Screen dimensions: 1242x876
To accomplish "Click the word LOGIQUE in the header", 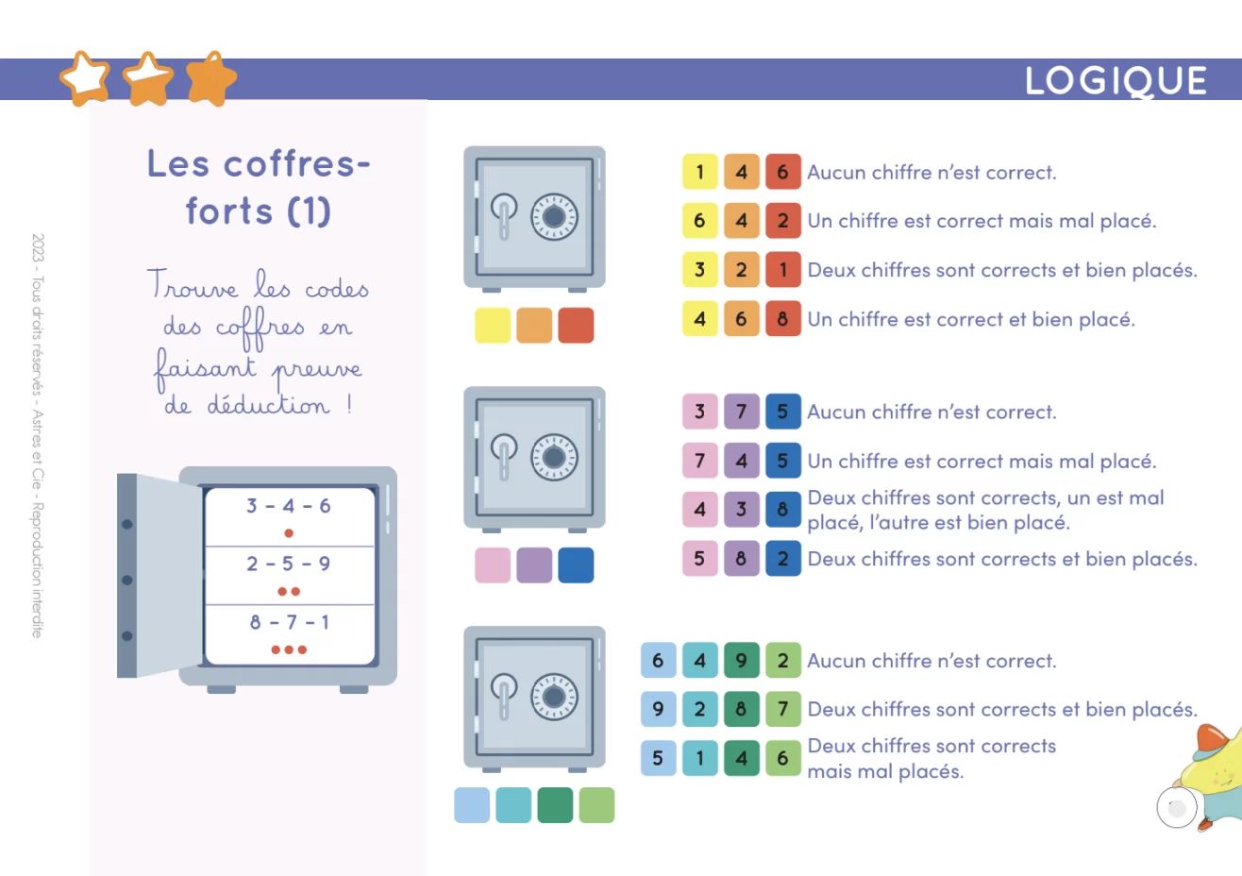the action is click(x=1115, y=81).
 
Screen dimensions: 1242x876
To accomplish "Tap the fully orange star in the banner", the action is click(x=211, y=78).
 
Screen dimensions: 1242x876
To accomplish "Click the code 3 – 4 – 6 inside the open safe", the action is click(x=289, y=506).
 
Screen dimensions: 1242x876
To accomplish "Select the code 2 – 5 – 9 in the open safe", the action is click(x=289, y=564).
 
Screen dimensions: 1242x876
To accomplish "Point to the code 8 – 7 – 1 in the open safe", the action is click(x=290, y=622).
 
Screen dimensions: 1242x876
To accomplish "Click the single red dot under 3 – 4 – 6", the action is click(x=289, y=533).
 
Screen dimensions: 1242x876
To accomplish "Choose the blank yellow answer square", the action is click(x=493, y=326).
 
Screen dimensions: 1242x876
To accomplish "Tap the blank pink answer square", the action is click(x=493, y=565).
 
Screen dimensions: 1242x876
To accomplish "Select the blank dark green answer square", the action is click(x=555, y=805).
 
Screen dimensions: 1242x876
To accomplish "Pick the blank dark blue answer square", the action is click(x=576, y=565).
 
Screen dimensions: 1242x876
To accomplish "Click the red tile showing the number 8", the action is click(x=783, y=319).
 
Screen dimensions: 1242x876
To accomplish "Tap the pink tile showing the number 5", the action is click(x=699, y=558).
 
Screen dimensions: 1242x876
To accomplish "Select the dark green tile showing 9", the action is click(x=741, y=661).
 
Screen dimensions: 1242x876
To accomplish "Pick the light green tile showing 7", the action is click(x=783, y=709).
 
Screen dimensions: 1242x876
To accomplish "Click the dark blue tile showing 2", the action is click(x=783, y=558).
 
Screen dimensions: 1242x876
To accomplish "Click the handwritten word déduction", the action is click(x=268, y=404).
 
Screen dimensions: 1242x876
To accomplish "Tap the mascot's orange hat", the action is click(x=1215, y=737).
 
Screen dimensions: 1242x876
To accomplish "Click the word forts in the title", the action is click(x=229, y=211).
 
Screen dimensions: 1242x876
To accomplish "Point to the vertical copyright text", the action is click(x=37, y=436).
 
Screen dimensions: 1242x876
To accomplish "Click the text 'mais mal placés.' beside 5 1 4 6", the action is click(x=885, y=771).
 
